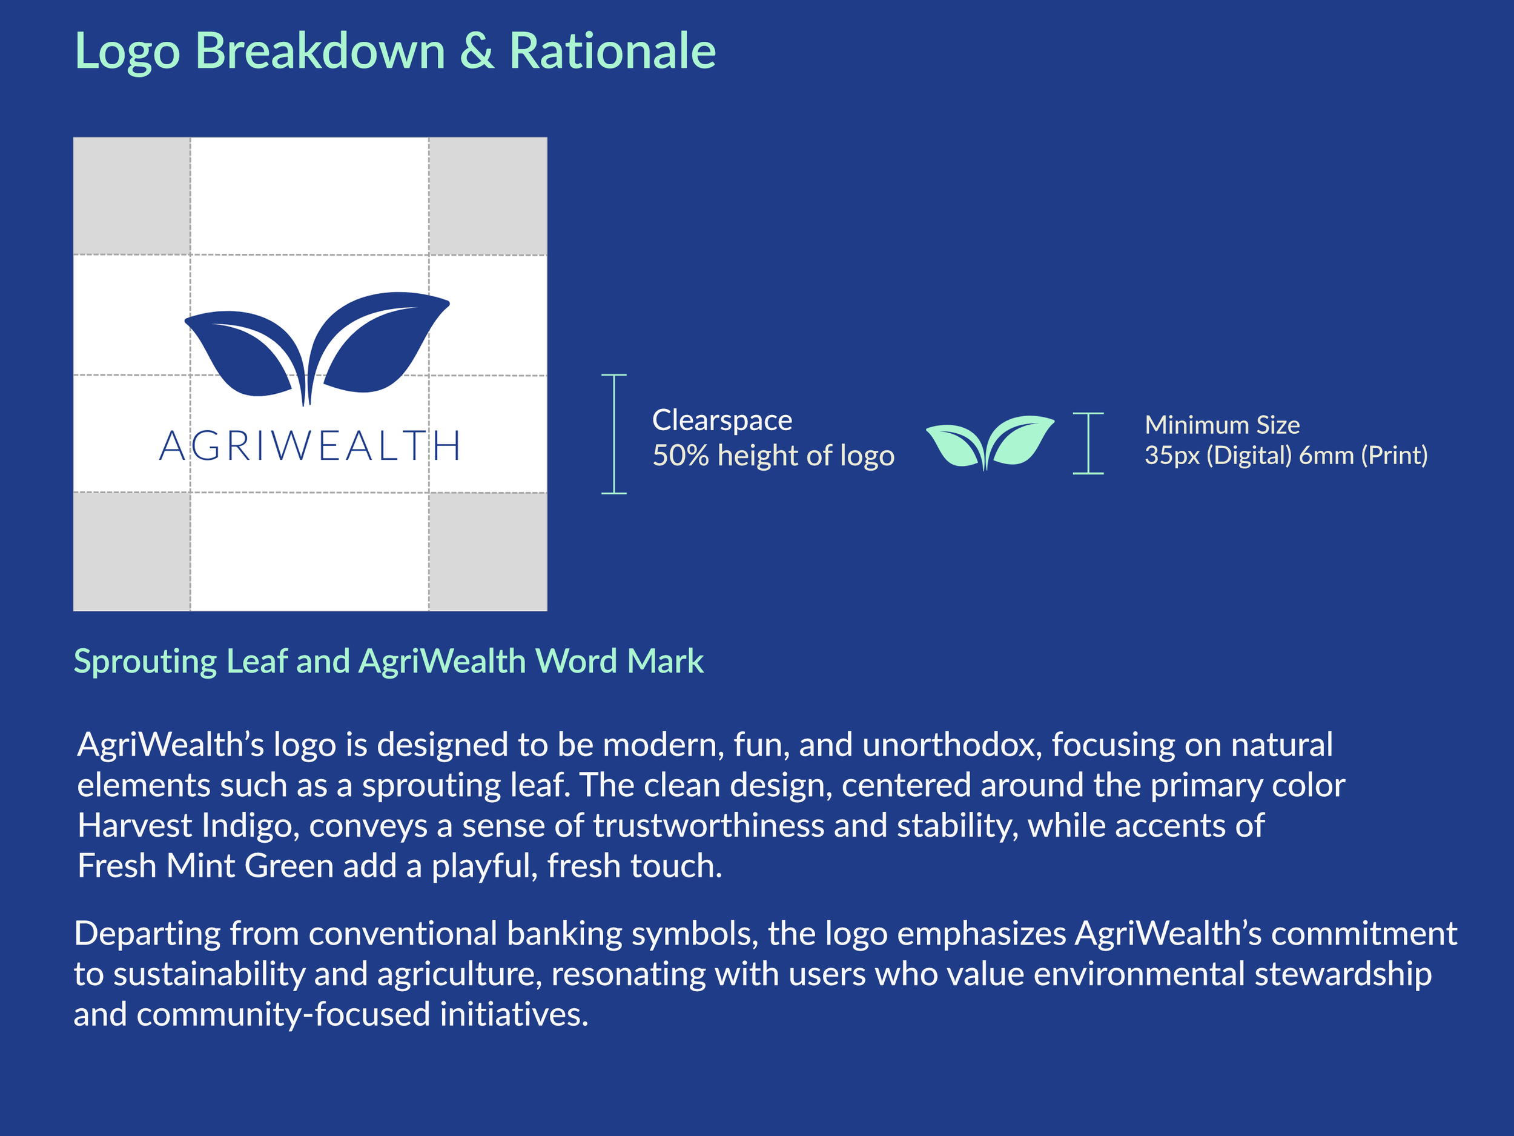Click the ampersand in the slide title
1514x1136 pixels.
tap(477, 51)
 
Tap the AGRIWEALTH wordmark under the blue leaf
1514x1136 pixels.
tap(310, 446)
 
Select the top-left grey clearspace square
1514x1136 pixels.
tap(131, 196)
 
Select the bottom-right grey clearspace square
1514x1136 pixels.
tap(488, 551)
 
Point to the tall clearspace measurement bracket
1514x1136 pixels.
tap(614, 434)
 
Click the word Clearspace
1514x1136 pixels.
tap(722, 420)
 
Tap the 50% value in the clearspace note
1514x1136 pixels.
tap(680, 456)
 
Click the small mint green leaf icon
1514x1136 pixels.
tap(989, 442)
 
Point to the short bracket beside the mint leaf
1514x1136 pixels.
tap(1088, 443)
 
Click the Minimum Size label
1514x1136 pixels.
tap(1221, 425)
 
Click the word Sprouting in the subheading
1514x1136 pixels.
tap(145, 662)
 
